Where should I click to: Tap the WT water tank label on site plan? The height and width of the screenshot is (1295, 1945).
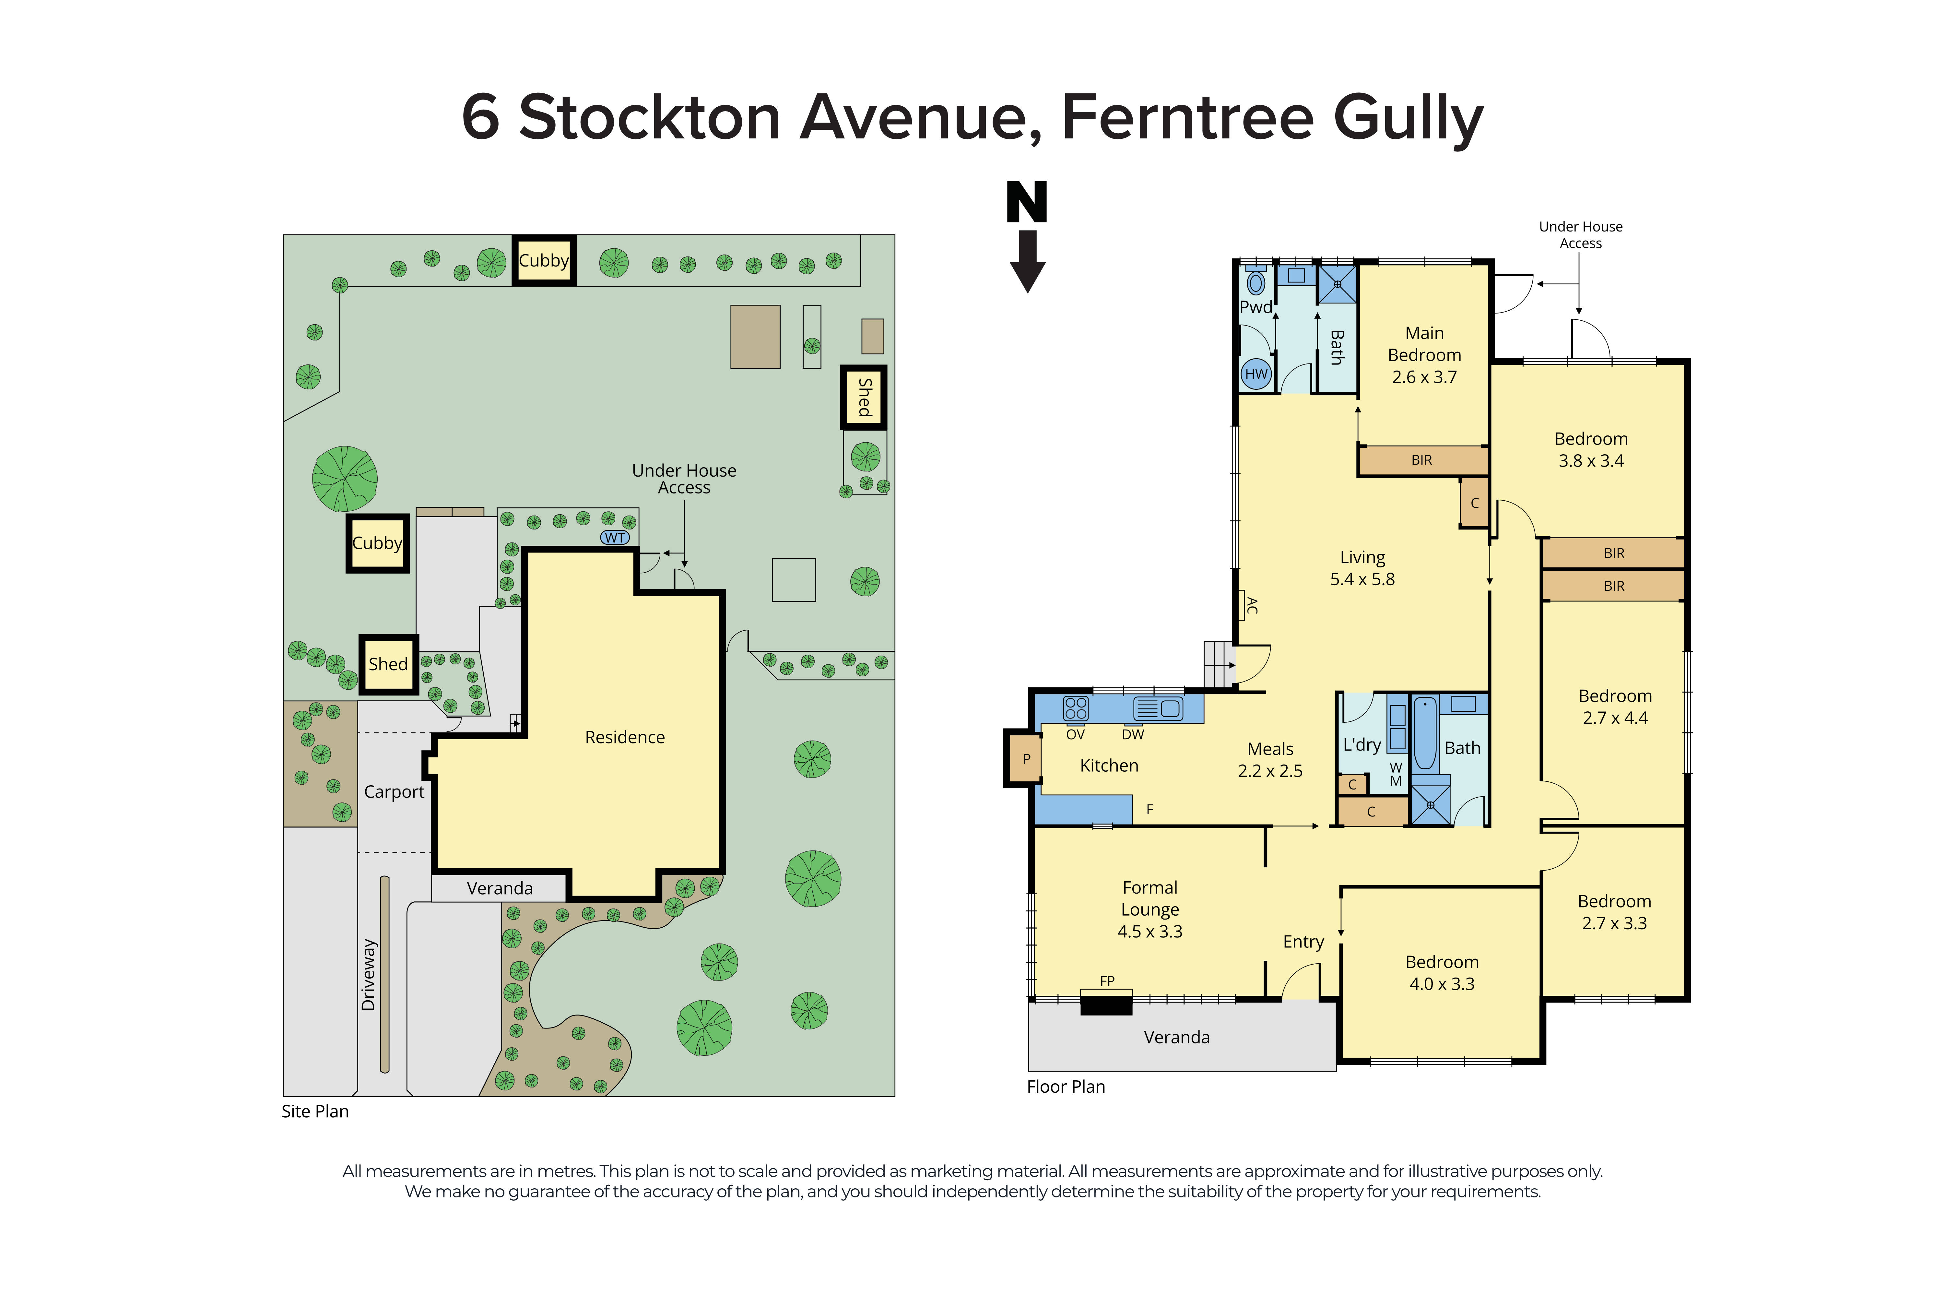pyautogui.click(x=614, y=538)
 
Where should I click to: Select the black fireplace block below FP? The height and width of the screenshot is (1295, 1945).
pyautogui.click(x=1106, y=1005)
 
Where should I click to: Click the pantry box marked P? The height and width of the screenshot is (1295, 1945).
pyautogui.click(x=1025, y=758)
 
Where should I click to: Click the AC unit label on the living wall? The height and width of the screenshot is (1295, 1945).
pyautogui.click(x=1251, y=605)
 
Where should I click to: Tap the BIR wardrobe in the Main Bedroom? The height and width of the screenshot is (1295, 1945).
pyautogui.click(x=1421, y=460)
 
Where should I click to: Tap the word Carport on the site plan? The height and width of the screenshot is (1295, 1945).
pyautogui.click(x=394, y=791)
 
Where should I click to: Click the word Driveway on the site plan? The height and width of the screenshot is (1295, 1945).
pyautogui.click(x=368, y=975)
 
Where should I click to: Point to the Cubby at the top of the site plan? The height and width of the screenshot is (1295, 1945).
pyautogui.click(x=543, y=261)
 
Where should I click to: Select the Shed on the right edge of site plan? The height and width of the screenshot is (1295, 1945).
pyautogui.click(x=864, y=397)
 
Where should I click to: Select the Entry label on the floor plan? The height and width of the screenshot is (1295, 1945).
pyautogui.click(x=1303, y=942)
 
